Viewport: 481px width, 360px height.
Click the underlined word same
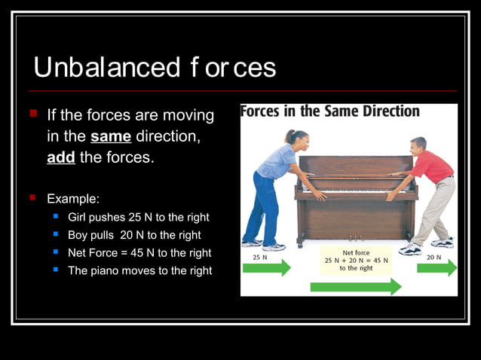(111, 137)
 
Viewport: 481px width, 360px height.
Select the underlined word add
(61, 158)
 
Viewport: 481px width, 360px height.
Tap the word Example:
(73, 199)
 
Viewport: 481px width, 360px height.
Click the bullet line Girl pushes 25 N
(139, 217)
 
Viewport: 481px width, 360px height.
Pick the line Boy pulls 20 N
(134, 235)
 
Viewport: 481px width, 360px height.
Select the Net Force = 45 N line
(139, 253)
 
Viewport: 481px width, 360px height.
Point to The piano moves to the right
(139, 270)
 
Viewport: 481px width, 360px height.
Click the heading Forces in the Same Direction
(330, 111)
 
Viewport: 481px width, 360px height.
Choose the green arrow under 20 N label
(447, 267)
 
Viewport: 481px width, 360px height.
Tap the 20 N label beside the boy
(434, 256)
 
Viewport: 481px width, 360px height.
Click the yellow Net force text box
(356, 260)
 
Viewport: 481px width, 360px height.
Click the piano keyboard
(356, 192)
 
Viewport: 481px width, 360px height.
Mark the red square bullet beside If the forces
(33, 114)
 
